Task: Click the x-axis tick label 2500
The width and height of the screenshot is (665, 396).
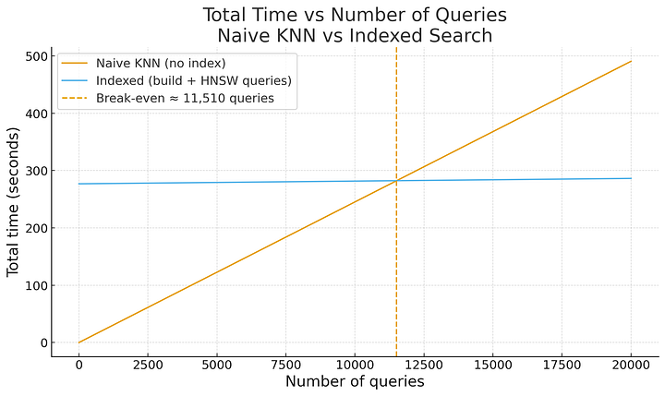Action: click(x=148, y=365)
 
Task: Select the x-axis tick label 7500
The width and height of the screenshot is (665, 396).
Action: click(x=285, y=365)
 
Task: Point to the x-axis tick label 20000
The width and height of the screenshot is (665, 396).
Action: click(x=631, y=365)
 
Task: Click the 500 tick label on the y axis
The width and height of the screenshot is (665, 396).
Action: click(x=35, y=57)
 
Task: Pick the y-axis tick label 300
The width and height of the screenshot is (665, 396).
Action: click(x=35, y=171)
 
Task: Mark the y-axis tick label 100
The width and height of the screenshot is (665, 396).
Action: click(x=35, y=285)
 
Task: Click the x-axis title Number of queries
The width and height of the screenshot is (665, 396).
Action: click(x=355, y=381)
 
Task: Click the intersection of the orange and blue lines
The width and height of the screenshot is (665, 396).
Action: click(x=396, y=181)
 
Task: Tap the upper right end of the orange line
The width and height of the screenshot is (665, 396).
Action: click(x=631, y=62)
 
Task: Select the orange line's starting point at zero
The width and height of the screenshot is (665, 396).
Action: click(x=79, y=342)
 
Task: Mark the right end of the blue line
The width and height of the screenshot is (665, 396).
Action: click(x=631, y=178)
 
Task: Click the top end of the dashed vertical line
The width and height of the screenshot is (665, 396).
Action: click(x=396, y=48)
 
